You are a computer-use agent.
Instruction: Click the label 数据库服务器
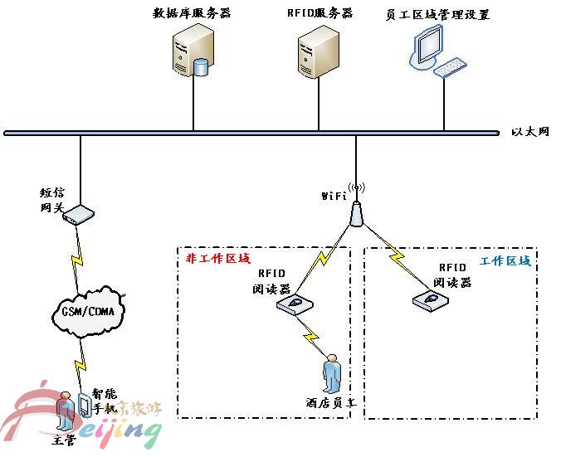click(x=192, y=13)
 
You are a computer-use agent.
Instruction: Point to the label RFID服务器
click(x=320, y=13)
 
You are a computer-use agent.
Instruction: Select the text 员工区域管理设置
click(x=438, y=14)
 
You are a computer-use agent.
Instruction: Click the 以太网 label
click(x=529, y=132)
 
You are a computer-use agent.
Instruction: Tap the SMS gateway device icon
click(x=78, y=215)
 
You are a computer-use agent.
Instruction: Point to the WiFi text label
click(x=334, y=197)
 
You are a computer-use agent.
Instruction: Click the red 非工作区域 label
click(x=217, y=258)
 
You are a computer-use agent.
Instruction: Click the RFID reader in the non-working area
click(x=296, y=306)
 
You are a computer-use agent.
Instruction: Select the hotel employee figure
click(x=332, y=374)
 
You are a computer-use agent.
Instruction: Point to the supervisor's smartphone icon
click(x=84, y=405)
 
